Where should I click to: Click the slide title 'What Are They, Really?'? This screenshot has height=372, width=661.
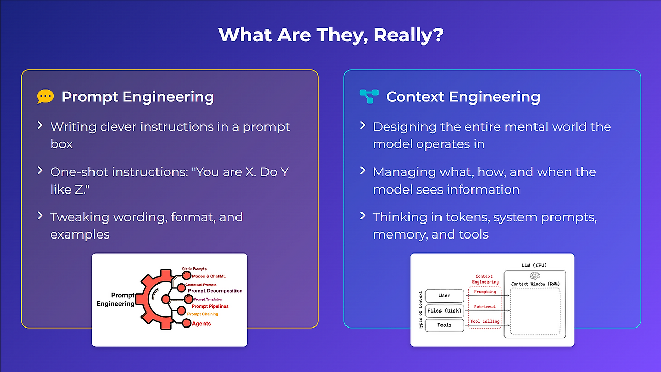click(331, 35)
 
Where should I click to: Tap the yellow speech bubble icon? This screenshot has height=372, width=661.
click(45, 96)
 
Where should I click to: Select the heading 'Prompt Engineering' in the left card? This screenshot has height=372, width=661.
click(137, 97)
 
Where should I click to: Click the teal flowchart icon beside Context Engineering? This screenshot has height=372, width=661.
click(369, 96)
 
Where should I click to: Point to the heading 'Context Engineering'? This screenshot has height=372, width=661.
click(463, 97)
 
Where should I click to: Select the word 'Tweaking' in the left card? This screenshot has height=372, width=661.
click(80, 218)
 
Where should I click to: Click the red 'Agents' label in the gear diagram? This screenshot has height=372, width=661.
click(201, 323)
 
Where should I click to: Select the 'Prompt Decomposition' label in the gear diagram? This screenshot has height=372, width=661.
click(215, 291)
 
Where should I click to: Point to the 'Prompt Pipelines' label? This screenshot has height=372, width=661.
click(210, 306)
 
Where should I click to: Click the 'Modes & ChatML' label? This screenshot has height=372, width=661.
click(209, 276)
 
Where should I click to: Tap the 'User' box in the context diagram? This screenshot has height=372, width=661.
click(445, 295)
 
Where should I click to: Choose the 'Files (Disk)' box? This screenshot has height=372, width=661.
click(445, 310)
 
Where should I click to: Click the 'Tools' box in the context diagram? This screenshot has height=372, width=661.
click(445, 325)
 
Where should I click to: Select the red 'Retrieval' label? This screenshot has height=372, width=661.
click(485, 307)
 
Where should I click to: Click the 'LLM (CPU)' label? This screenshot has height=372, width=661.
click(534, 265)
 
